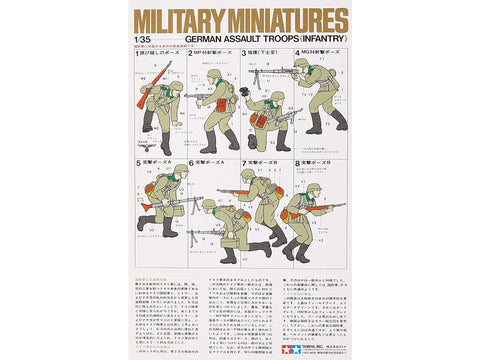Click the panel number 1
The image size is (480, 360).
(139, 79)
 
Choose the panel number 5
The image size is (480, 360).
(139, 160)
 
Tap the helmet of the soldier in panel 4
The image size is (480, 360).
(301, 66)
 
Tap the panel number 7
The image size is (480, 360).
(244, 160)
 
